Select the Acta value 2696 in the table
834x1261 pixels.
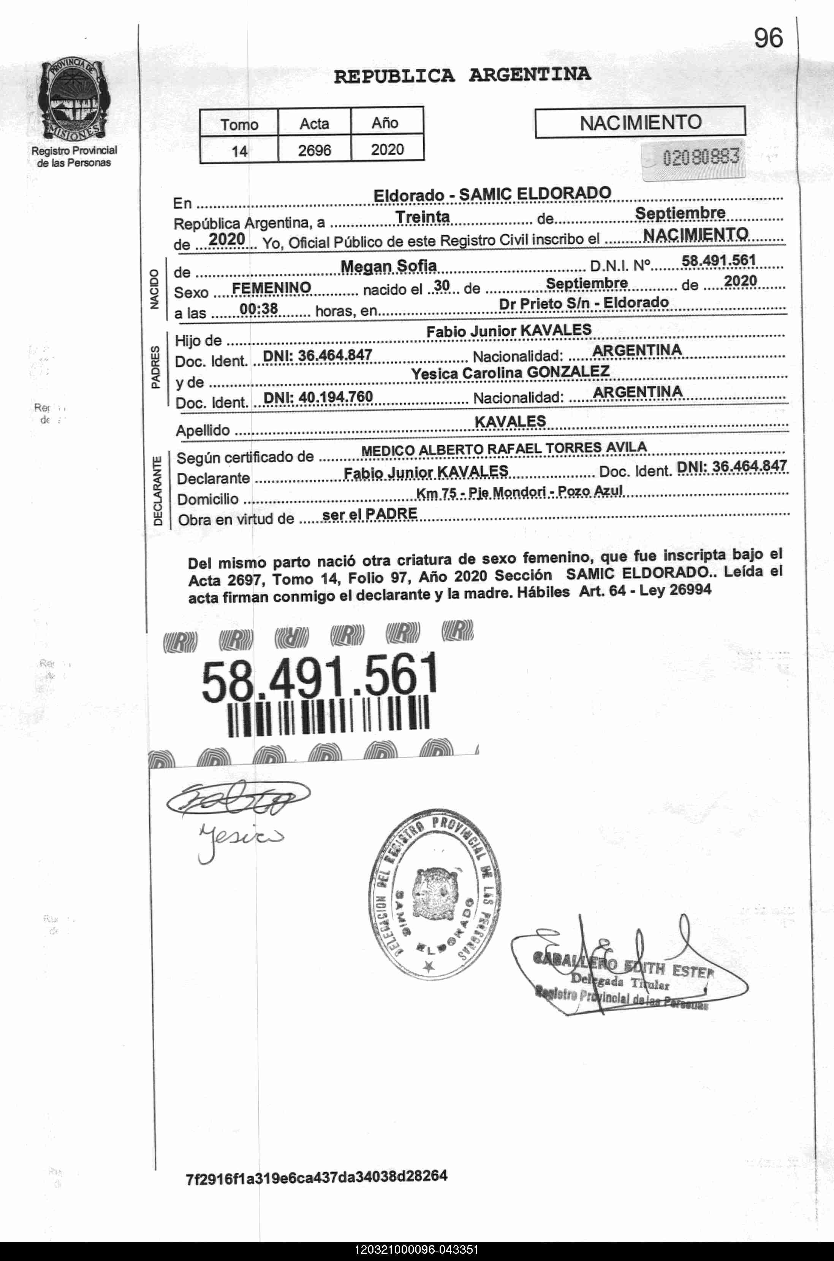tap(314, 150)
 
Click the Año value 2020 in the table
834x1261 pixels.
tap(387, 149)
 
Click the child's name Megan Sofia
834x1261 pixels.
tap(388, 265)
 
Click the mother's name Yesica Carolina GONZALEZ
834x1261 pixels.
tap(510, 373)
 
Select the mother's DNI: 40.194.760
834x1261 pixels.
tap(318, 397)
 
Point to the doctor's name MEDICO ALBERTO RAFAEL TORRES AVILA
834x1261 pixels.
tap(504, 449)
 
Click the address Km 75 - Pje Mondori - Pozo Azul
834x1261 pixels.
tap(519, 493)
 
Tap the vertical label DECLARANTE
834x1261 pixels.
tap(157, 491)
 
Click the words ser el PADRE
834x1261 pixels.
tap(370, 514)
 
